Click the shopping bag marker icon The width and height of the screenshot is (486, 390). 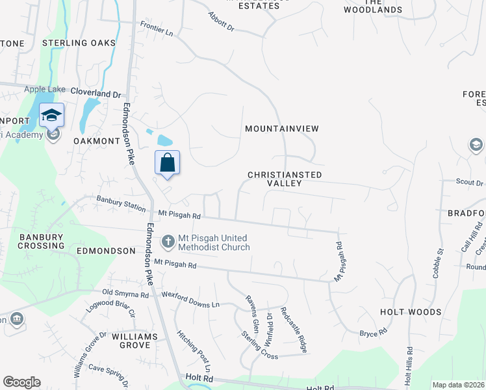[x=168, y=162]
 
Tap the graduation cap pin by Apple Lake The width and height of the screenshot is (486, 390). [x=52, y=116]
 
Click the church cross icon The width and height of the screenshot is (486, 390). [x=168, y=242]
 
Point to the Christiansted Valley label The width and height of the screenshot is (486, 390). [x=285, y=179]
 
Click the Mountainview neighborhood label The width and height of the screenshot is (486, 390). [x=282, y=129]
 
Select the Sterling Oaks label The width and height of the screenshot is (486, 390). [x=79, y=43]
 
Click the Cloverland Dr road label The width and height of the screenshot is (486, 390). [x=96, y=93]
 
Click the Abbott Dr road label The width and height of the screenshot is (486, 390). [x=220, y=20]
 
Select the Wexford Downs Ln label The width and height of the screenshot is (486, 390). [x=191, y=300]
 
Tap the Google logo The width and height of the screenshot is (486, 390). [x=22, y=382]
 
